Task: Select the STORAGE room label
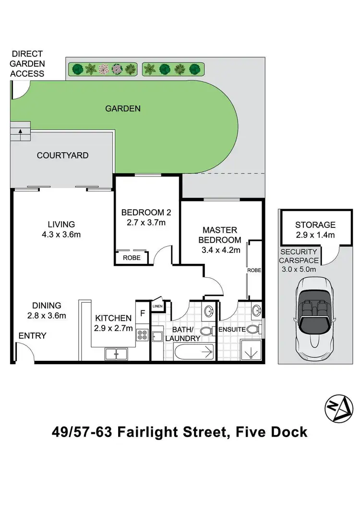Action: pos(315,225)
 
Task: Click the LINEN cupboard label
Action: pos(157,306)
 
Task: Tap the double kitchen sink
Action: pos(116,355)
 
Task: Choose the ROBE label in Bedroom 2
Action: pos(132,257)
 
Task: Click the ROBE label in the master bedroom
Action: pos(254,270)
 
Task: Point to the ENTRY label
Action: pos(32,336)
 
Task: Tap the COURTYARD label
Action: pos(62,155)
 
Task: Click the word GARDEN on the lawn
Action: pos(123,108)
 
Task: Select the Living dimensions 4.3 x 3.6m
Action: pos(61,235)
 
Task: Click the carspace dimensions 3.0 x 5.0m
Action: pos(299,269)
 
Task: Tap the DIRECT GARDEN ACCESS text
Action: pos(28,63)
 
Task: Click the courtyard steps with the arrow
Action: pos(20,130)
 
